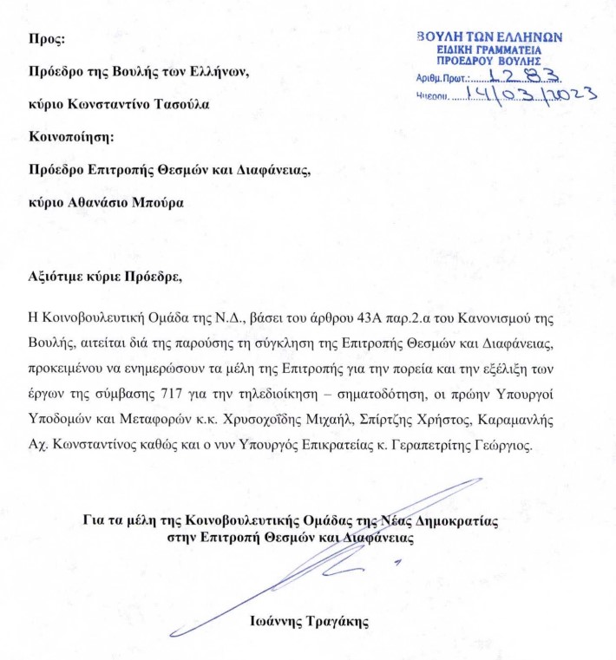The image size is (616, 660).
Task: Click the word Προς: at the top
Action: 46,39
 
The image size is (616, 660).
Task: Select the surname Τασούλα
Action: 184,105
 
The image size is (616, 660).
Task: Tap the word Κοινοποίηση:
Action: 71,137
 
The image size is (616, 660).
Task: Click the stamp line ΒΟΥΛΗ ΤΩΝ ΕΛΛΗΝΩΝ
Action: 490,37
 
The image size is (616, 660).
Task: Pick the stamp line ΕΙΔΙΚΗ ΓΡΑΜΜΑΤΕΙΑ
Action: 490,50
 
